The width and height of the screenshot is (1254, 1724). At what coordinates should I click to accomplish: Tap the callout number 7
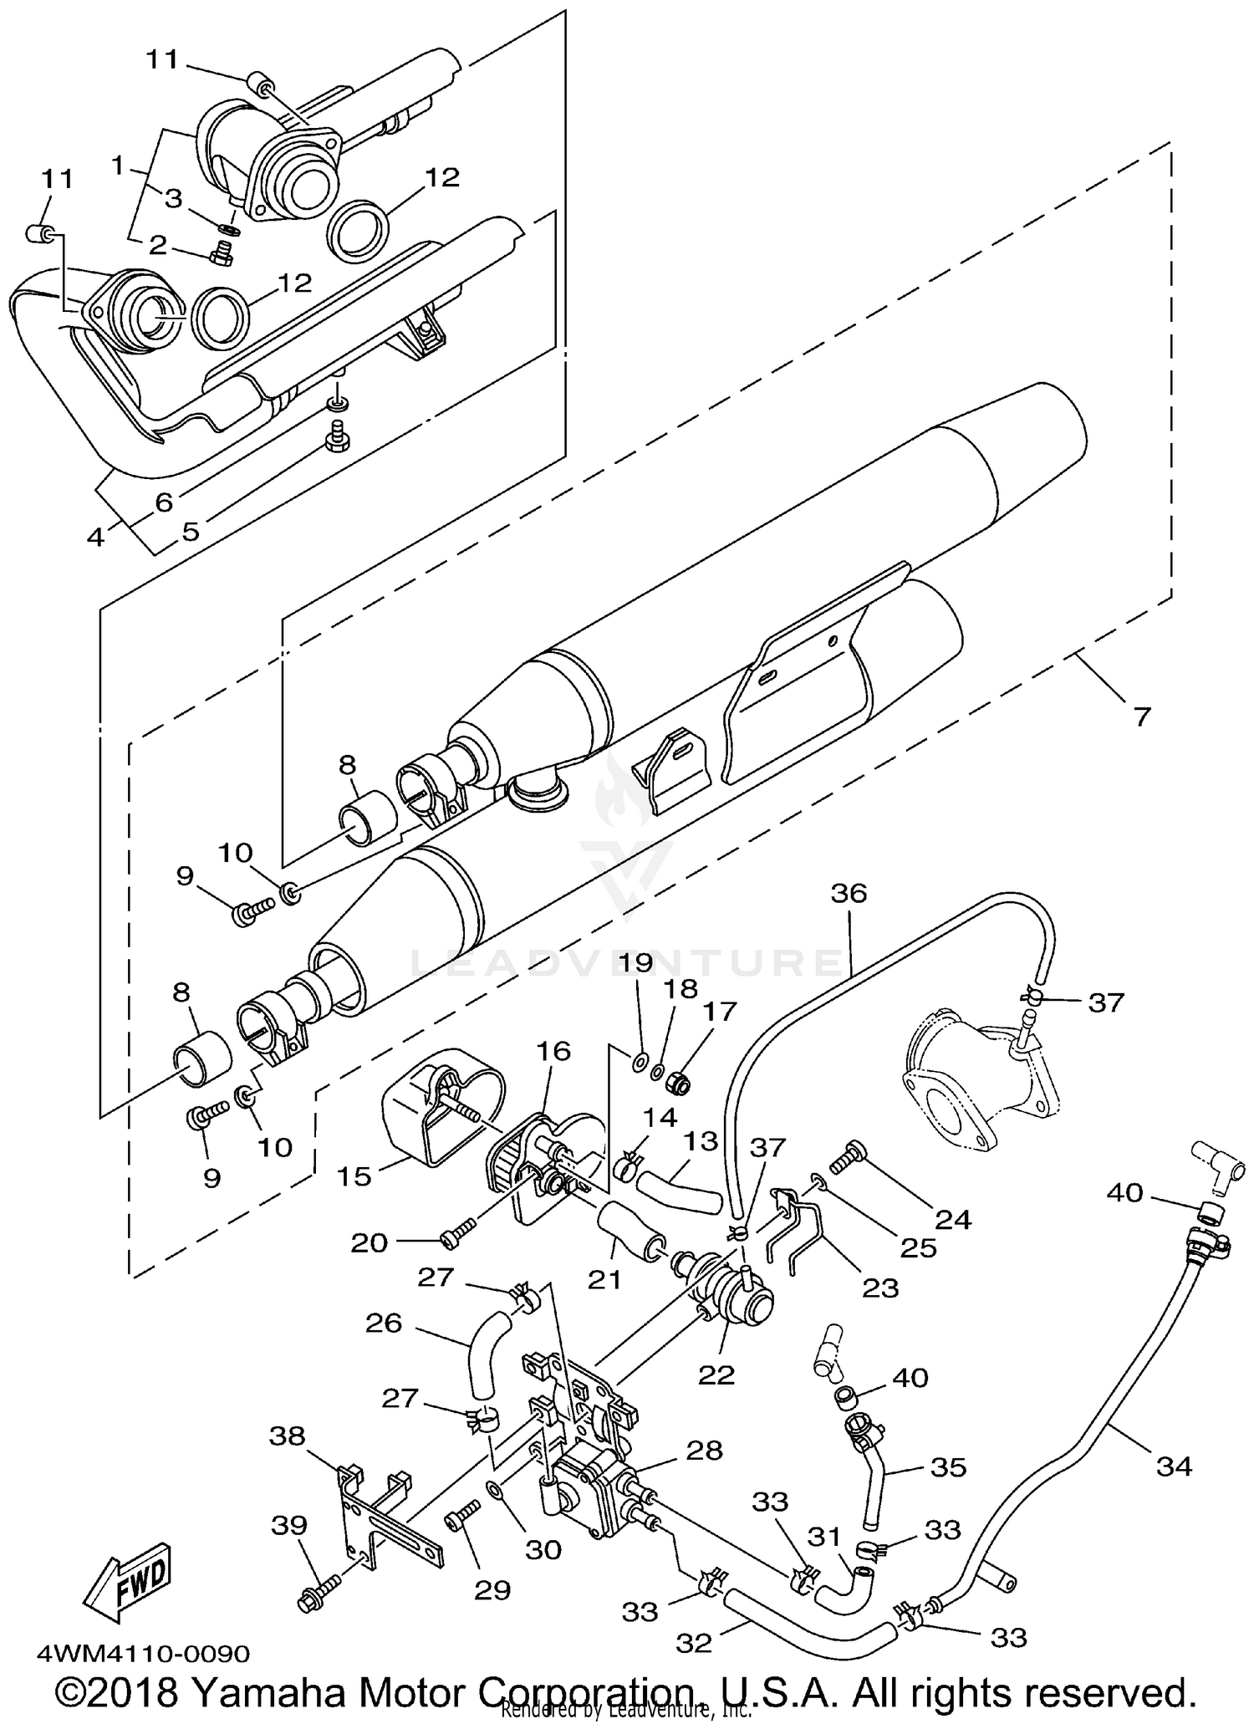[1141, 716]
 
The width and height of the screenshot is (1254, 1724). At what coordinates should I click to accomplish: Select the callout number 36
[849, 893]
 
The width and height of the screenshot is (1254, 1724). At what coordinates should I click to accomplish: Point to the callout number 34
[1174, 1466]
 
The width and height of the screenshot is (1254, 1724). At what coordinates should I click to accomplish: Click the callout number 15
[353, 1176]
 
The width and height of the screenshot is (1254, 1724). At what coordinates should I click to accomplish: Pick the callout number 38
[287, 1436]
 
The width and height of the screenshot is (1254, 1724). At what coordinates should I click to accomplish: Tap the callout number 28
[704, 1451]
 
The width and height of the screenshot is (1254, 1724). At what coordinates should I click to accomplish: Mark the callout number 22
[716, 1375]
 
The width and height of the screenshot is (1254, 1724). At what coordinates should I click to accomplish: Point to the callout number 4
[96, 536]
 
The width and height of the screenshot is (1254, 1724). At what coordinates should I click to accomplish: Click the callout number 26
[384, 1323]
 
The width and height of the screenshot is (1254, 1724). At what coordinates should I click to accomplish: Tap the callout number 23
[879, 1288]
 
